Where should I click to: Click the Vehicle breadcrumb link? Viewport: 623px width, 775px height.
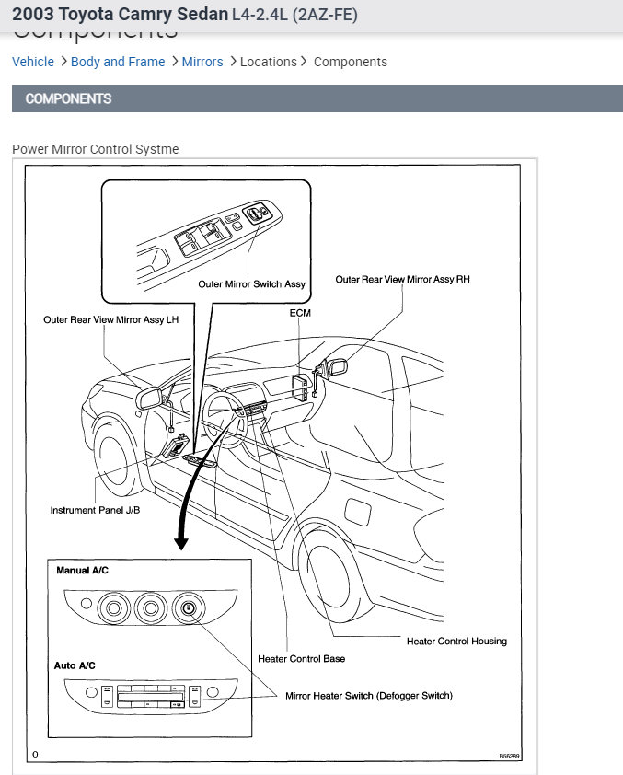(33, 62)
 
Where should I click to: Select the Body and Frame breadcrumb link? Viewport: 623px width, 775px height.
(118, 62)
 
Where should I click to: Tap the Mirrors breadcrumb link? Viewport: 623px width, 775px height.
(202, 62)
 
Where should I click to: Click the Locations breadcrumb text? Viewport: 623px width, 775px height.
(269, 62)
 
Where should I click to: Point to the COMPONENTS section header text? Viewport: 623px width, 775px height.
(69, 98)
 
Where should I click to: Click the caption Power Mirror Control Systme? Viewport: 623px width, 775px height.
(96, 149)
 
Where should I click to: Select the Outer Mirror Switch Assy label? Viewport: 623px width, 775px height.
(251, 284)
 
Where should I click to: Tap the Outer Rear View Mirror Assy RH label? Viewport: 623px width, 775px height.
(402, 279)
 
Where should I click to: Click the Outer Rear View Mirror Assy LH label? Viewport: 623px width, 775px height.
(110, 319)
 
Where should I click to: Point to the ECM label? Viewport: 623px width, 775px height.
(300, 313)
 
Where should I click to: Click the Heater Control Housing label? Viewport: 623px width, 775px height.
(456, 641)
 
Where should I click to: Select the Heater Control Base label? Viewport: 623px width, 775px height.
(302, 659)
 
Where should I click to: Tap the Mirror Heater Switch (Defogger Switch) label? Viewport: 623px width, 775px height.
(369, 696)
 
